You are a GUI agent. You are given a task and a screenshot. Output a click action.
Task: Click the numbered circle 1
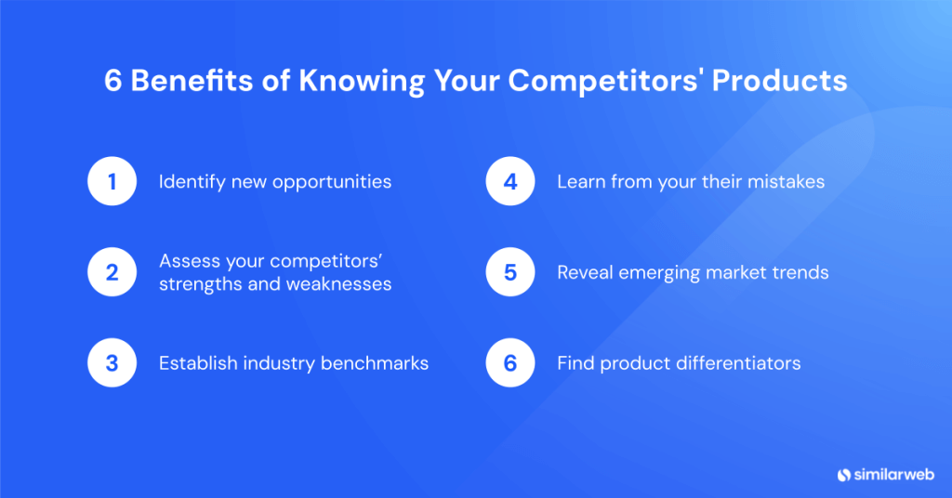(112, 181)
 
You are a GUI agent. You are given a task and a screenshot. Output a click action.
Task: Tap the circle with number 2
(112, 272)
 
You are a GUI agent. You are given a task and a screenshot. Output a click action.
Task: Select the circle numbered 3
(112, 363)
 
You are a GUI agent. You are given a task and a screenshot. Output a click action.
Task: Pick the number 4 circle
(509, 181)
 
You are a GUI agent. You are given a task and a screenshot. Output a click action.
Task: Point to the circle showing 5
(509, 272)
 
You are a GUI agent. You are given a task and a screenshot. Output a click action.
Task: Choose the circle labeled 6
(509, 363)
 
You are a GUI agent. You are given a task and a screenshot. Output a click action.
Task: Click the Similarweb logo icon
(844, 474)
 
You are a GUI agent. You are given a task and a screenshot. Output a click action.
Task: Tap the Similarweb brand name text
(893, 474)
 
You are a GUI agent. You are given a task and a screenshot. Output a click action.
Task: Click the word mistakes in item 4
(789, 181)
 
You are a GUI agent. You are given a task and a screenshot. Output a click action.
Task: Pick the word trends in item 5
(800, 272)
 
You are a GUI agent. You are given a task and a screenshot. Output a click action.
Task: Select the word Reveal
(583, 272)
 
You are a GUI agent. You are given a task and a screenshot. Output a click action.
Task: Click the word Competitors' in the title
(610, 81)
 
